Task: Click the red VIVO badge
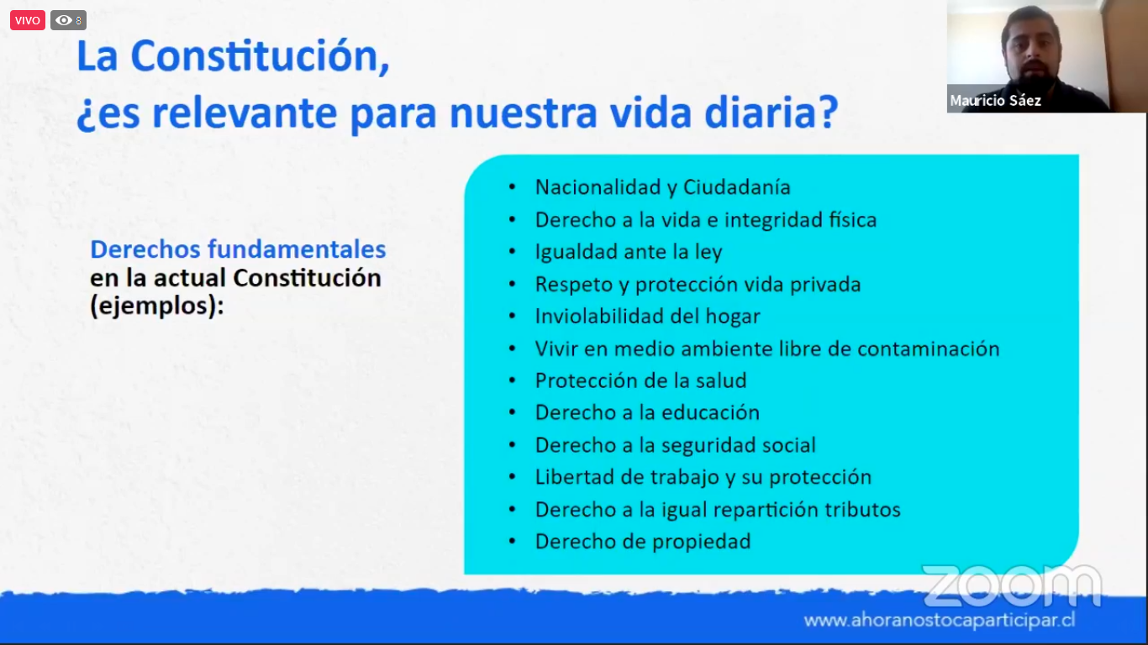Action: [27, 20]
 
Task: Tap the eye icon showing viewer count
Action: [64, 20]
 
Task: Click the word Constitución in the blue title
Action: [260, 55]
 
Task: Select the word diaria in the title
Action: [771, 113]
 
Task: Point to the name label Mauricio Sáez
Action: [995, 101]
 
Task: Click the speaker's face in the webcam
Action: [1030, 48]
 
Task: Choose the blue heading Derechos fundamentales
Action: [238, 249]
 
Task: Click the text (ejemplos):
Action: [157, 306]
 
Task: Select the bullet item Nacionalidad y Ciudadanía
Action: [662, 187]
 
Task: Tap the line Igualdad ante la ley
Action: [629, 252]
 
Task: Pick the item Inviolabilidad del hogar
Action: [647, 317]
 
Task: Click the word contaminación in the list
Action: [928, 349]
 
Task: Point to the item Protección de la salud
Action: [640, 380]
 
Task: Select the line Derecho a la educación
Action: [647, 413]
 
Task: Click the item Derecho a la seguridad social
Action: [676, 445]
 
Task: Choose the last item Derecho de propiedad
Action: [643, 542]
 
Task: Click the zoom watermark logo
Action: [1012, 585]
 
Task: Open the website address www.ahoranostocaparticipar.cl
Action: [940, 621]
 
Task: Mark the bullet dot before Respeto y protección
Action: [512, 285]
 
